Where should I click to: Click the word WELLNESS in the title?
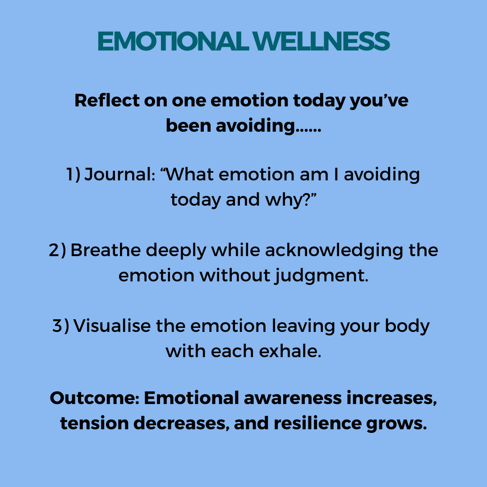coord(321,41)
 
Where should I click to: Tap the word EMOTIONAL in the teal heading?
coord(173,41)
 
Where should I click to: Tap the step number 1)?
coord(74,174)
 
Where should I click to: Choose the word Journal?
coord(120,174)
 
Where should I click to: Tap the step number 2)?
coord(57,250)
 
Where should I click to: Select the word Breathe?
coord(106,250)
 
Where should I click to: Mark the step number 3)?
coord(61,326)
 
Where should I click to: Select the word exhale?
coord(290,351)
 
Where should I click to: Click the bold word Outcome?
coord(95,398)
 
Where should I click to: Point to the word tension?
coord(94,423)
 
